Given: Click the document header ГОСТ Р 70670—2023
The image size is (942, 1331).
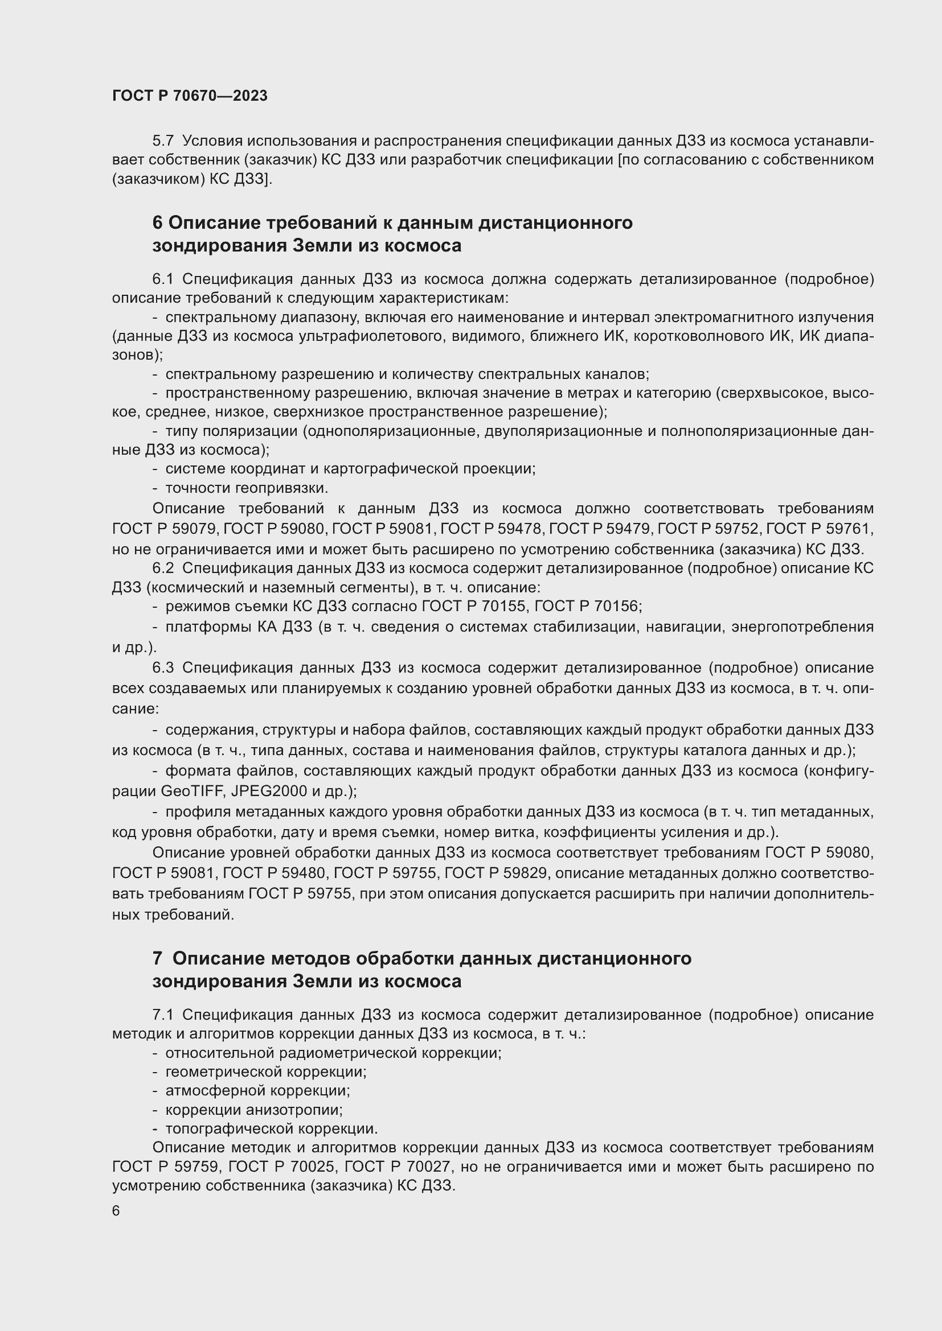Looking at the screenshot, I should (190, 96).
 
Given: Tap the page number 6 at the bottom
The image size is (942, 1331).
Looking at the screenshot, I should (116, 1212).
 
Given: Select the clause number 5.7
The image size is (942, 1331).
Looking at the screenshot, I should (163, 141).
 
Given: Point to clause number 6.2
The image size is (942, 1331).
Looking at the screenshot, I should (163, 568).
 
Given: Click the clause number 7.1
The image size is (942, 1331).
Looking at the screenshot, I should (163, 1015).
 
